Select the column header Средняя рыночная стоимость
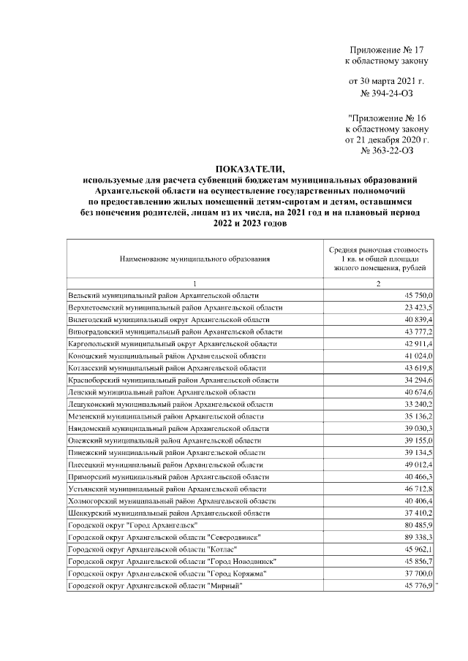pyautogui.click(x=380, y=251)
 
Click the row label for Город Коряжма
pyautogui.click(x=167, y=574)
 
